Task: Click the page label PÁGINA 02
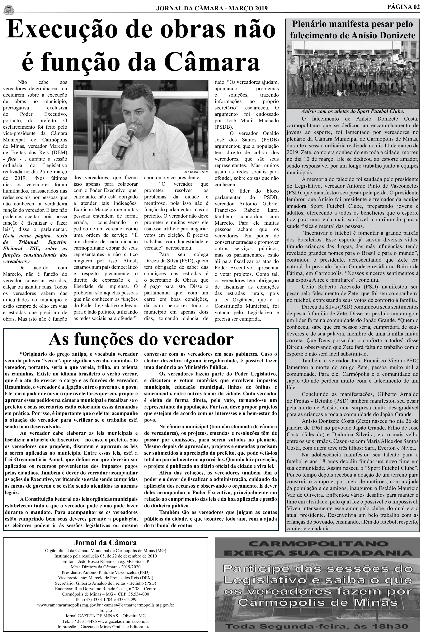pos(403,7)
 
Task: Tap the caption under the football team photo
pos(353,111)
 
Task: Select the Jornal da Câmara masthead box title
pos(106,542)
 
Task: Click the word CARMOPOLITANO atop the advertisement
pos(318,543)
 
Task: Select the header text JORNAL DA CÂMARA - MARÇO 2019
pos(212,8)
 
